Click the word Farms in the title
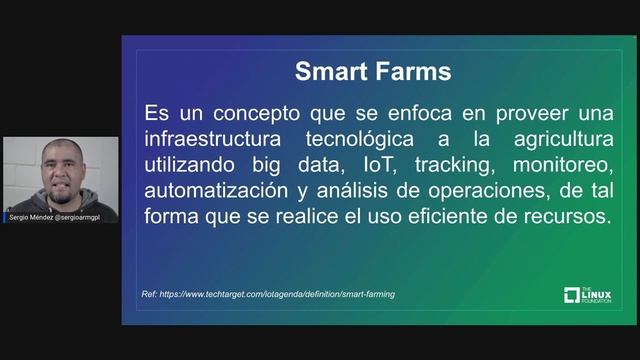click(411, 72)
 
